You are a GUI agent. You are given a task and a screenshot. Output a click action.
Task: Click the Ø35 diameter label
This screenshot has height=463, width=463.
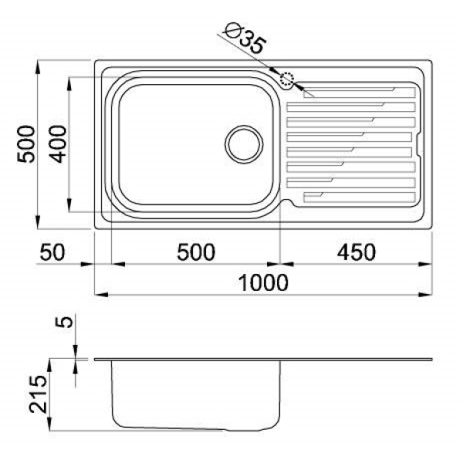pos(245,38)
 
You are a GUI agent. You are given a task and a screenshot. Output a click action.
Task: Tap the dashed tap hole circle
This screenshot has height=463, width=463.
pos(287,79)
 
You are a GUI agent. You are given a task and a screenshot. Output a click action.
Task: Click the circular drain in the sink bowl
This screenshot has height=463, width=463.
pos(244,145)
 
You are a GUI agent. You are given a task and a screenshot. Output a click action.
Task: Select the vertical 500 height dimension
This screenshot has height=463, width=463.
pos(26,144)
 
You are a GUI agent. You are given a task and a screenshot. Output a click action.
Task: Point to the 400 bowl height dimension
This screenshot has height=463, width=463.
pos(58,144)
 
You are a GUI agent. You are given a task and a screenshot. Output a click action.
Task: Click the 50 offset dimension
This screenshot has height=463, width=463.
pos(52,252)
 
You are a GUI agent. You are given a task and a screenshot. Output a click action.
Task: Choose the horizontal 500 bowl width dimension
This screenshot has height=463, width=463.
pos(196,252)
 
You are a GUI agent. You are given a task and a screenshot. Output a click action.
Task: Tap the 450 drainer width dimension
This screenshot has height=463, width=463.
pos(357,252)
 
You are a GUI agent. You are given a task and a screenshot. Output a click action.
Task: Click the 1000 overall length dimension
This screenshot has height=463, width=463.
pos(263,282)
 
